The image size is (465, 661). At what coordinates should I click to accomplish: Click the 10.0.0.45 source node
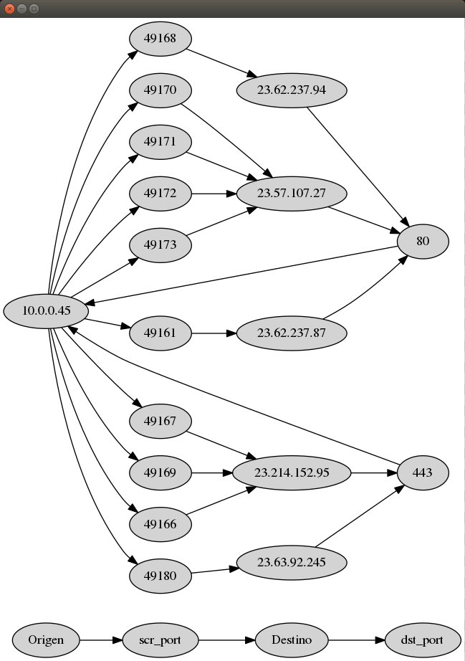[46, 311]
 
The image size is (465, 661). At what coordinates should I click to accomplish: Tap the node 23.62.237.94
[291, 90]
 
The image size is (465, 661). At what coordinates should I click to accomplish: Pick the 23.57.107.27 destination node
[291, 194]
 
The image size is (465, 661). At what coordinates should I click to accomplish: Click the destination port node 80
[422, 242]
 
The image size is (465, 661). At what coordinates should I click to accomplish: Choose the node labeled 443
[422, 473]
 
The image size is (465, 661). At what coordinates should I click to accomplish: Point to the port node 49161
[160, 333]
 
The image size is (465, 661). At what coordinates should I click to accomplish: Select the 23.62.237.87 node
[291, 333]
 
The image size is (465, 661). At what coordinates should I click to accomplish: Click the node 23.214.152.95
[291, 473]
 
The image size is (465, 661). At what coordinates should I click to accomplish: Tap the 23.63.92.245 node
[291, 562]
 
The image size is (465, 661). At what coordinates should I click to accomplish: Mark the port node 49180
[160, 575]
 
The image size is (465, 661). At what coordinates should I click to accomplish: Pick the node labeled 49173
[160, 245]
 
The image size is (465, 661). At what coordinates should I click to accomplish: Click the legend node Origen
[46, 640]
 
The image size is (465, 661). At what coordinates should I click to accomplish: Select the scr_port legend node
[160, 640]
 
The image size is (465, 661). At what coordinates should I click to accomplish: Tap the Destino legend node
[291, 640]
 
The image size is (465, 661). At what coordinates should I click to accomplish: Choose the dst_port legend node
[422, 640]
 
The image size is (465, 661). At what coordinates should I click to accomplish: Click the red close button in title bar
[9, 9]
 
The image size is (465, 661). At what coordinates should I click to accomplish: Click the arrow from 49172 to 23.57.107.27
[214, 194]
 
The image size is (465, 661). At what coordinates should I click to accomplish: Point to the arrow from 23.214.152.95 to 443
[374, 473]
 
